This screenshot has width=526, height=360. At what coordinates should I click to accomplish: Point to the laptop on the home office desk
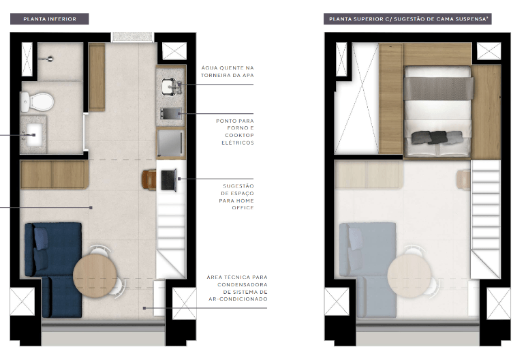[x=168, y=179]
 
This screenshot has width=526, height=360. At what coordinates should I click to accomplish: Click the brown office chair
[x=149, y=179]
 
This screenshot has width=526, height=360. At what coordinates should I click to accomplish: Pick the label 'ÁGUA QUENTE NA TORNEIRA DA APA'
[x=227, y=72]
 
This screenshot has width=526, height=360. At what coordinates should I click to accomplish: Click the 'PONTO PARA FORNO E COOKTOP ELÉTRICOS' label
[x=234, y=132]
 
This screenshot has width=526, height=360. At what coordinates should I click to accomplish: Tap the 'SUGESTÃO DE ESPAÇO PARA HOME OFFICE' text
[x=238, y=196]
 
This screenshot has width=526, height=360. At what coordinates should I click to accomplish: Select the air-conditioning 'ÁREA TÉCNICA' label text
[x=236, y=288]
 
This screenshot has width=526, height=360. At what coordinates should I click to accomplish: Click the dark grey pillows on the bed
[x=432, y=137]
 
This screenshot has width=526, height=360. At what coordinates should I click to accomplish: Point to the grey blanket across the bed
[x=438, y=87]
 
